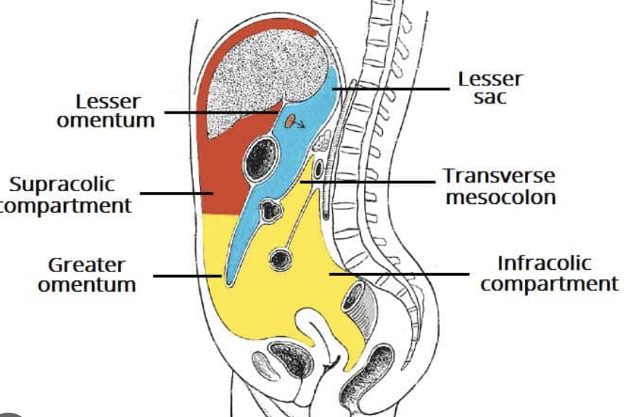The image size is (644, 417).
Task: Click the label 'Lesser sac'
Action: point(490,88)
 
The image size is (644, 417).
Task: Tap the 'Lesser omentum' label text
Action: point(106,111)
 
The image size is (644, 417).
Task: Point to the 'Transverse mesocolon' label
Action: point(500,187)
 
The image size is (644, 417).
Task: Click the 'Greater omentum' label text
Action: point(86,275)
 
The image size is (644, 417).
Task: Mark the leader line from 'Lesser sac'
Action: point(392,89)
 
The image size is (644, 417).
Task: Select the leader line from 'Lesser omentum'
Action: point(218,112)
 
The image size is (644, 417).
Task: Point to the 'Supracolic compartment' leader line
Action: point(174,193)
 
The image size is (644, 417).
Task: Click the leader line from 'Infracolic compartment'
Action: point(399,274)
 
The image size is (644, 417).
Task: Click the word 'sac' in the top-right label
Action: point(490,97)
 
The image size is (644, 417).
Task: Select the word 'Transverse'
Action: point(500,176)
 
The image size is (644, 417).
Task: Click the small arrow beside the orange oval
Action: point(302,125)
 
